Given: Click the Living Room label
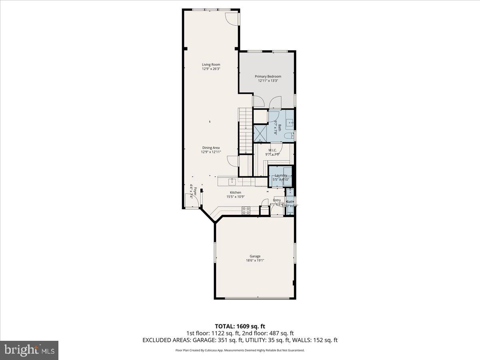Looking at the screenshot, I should pyautogui.click(x=211, y=64).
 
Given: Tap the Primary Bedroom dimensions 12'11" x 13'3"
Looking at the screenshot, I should pyautogui.click(x=268, y=81).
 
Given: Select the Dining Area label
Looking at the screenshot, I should pyautogui.click(x=210, y=148).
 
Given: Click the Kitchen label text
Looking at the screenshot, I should pyautogui.click(x=235, y=192).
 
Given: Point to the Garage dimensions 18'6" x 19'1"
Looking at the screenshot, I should pyautogui.click(x=255, y=260).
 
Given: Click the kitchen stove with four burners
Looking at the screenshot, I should pyautogui.click(x=246, y=210).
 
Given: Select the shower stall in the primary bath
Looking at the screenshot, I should pyautogui.click(x=261, y=133).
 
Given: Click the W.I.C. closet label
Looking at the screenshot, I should pyautogui.click(x=272, y=150).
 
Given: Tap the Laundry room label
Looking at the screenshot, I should pyautogui.click(x=281, y=175).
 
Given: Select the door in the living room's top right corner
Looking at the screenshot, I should pyautogui.click(x=232, y=18).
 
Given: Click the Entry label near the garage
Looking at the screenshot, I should pyautogui.click(x=277, y=200).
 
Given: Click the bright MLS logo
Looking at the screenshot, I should pyautogui.click(x=29, y=350).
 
